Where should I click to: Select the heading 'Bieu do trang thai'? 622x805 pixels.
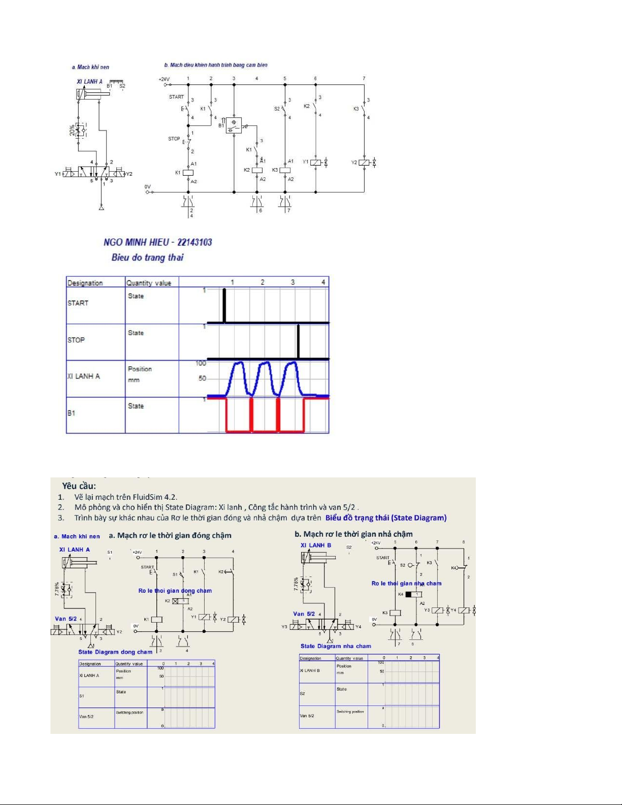tap(147, 257)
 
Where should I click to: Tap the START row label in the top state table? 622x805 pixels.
tap(78, 303)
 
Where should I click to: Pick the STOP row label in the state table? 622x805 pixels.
tap(76, 340)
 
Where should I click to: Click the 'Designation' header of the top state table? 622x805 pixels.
tap(85, 283)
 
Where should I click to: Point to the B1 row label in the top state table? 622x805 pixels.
tap(71, 413)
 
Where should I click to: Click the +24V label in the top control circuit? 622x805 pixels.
tap(164, 79)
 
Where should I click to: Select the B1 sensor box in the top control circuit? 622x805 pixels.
tap(234, 125)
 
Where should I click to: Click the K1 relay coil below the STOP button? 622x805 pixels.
tap(188, 173)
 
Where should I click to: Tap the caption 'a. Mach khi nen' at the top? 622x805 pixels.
tap(90, 67)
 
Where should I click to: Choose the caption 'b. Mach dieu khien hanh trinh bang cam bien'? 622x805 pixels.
tap(216, 65)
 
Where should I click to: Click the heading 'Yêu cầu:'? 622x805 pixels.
tap(79, 486)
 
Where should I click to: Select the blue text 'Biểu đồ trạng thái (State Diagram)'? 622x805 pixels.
tap(386, 518)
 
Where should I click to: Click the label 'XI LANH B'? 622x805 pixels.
tap(316, 545)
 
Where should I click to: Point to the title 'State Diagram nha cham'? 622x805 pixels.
tap(336, 646)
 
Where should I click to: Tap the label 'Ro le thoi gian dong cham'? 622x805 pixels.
tap(175, 591)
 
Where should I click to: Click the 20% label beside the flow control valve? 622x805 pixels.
tap(72, 131)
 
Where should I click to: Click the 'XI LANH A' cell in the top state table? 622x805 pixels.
tap(84, 376)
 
